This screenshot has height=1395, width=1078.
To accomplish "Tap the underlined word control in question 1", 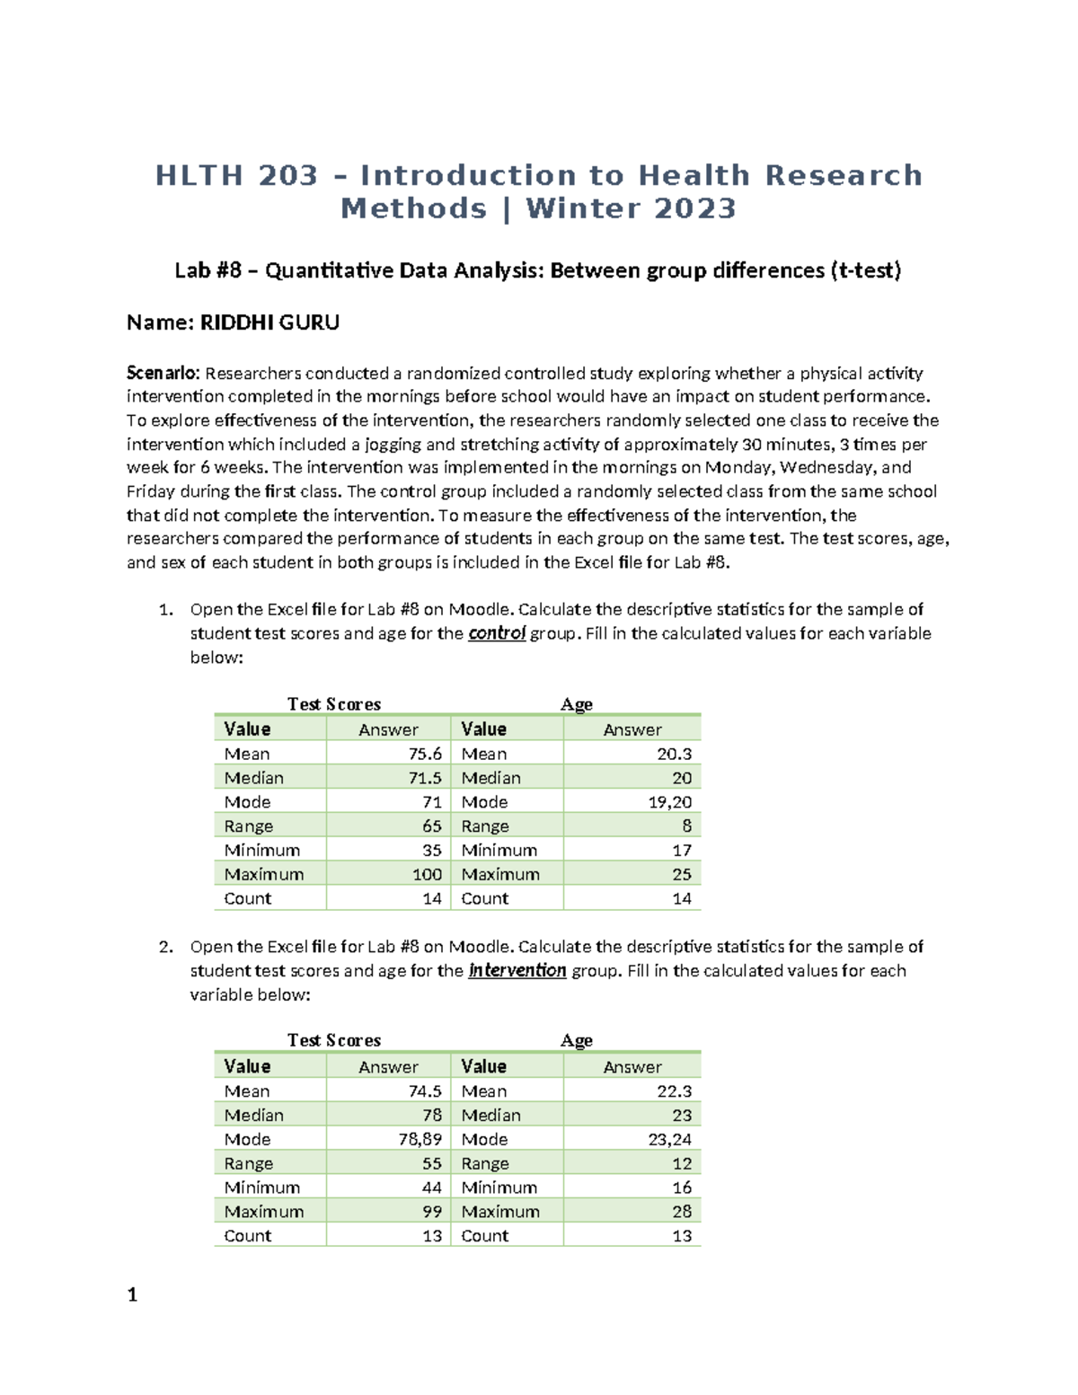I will pos(497,633).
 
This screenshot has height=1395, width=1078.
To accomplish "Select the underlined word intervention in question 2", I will pos(517,970).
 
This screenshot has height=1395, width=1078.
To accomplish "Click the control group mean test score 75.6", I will pos(425,754).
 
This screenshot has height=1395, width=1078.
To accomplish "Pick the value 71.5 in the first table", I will pos(425,778).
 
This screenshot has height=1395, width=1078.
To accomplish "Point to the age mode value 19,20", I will pos(669,802).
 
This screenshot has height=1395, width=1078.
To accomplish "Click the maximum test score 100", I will pos(427,874).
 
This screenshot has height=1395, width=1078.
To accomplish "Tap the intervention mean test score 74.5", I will pos(425,1091).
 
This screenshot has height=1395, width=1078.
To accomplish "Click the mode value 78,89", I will pos(420,1139).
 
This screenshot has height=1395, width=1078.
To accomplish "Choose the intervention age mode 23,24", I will pos(669,1139).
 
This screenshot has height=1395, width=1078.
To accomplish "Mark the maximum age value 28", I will pos(682,1211).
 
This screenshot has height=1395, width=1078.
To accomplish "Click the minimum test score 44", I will pos(431,1188).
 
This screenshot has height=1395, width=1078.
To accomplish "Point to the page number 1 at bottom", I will pos(132,1294).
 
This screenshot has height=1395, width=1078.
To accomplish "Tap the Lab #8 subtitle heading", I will pos(537,270).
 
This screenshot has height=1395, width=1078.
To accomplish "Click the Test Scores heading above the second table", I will pos(334,1040).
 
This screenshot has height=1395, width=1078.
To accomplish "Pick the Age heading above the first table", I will pos(576,704).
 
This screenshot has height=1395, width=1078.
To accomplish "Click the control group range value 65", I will pos(431,826).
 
